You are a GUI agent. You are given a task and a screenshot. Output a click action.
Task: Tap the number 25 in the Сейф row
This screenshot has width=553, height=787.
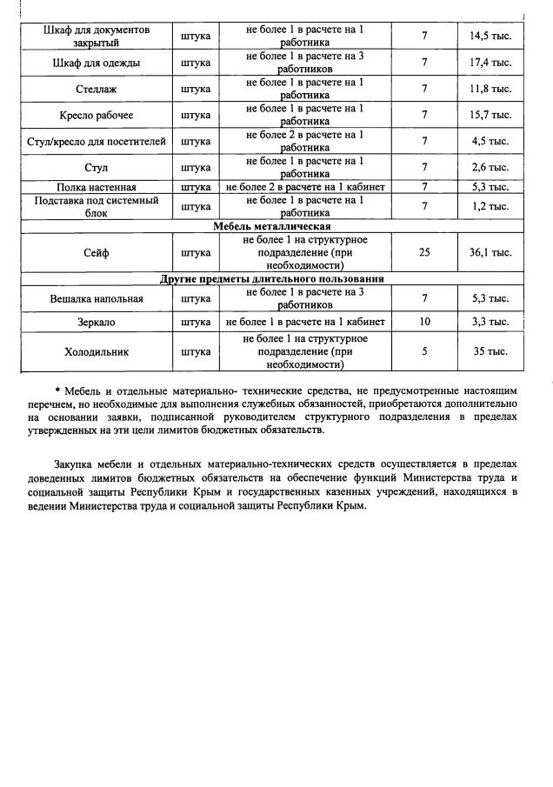[424, 253]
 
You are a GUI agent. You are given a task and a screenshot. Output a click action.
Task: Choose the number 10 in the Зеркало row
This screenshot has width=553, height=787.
[424, 322]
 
